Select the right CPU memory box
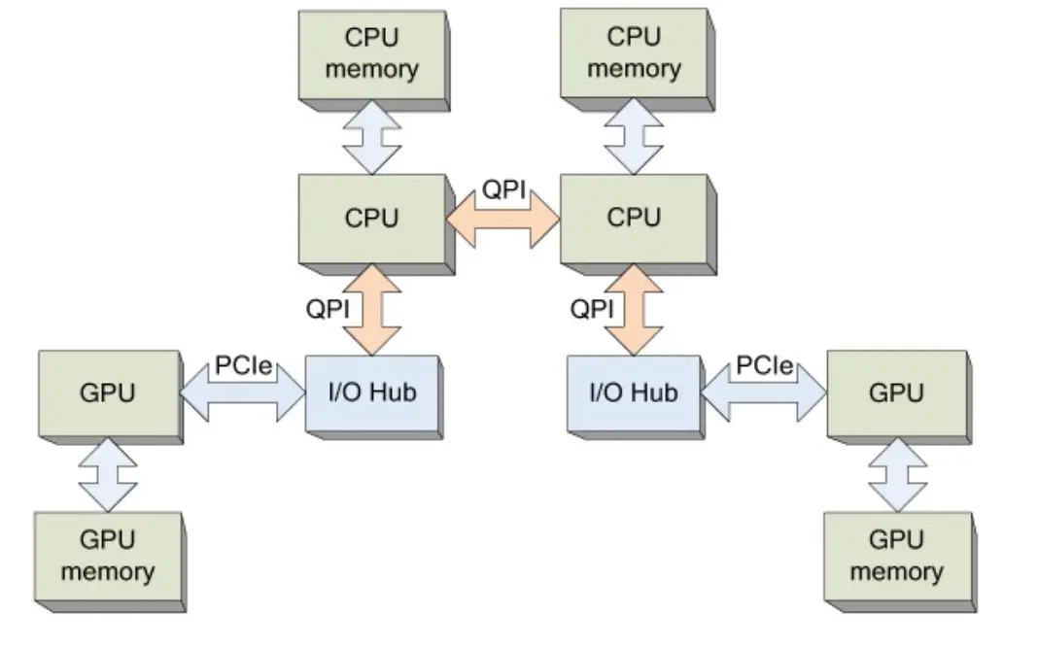[x=633, y=52]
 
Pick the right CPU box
[x=633, y=220]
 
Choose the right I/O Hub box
[x=633, y=394]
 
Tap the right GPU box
[x=895, y=394]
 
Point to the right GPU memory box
[x=895, y=555]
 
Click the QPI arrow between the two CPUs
[x=503, y=222]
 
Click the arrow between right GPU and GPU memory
[x=895, y=476]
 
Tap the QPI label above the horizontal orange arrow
[x=504, y=190]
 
